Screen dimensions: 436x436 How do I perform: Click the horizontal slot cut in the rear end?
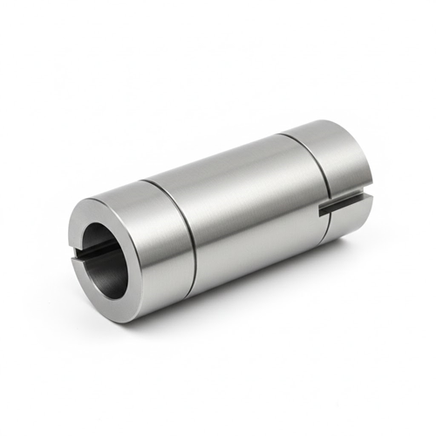click(343, 206)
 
